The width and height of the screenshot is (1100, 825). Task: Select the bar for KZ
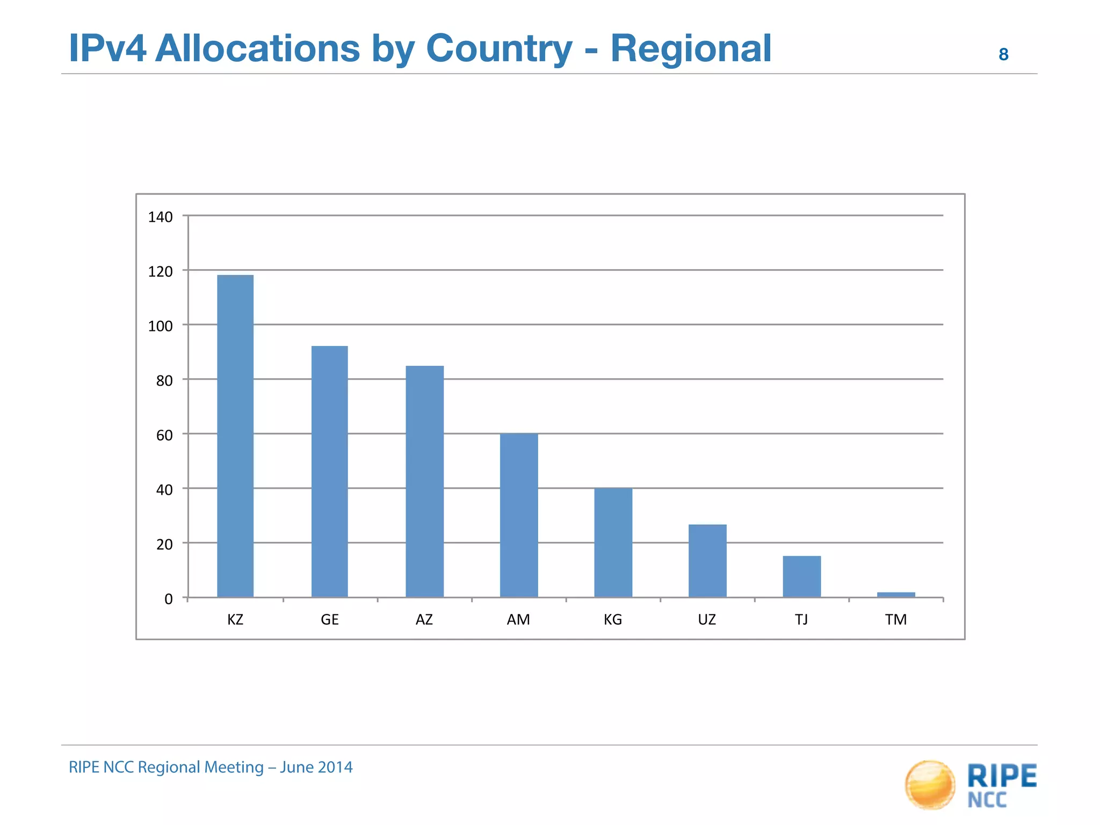pyautogui.click(x=235, y=436)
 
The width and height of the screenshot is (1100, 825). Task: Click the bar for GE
pyautogui.click(x=329, y=471)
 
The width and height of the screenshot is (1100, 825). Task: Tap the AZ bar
pyautogui.click(x=424, y=481)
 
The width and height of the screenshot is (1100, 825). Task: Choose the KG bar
pyautogui.click(x=613, y=542)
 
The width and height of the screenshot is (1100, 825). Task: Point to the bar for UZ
pyautogui.click(x=707, y=560)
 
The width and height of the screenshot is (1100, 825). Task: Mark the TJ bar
pyautogui.click(x=801, y=576)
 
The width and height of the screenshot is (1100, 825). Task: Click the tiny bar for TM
pyautogui.click(x=896, y=595)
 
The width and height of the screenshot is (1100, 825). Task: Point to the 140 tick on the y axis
pyautogui.click(x=160, y=217)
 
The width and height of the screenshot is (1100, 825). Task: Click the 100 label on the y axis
pyautogui.click(x=160, y=326)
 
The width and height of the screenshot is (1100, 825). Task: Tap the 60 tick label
pyautogui.click(x=164, y=435)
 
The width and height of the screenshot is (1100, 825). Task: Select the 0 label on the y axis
pyautogui.click(x=168, y=599)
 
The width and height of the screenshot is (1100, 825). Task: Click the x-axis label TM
pyautogui.click(x=896, y=620)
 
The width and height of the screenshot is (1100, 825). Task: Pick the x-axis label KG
pyautogui.click(x=613, y=620)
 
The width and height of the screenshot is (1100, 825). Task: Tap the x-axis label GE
pyautogui.click(x=329, y=620)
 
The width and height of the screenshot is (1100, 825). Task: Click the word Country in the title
pyautogui.click(x=499, y=49)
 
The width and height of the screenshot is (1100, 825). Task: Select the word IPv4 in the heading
pyautogui.click(x=107, y=49)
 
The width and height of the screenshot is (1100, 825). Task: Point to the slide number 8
pyautogui.click(x=1003, y=55)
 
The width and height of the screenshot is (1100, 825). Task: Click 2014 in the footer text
pyautogui.click(x=335, y=767)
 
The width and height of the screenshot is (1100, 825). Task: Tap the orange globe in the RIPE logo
pyautogui.click(x=930, y=785)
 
